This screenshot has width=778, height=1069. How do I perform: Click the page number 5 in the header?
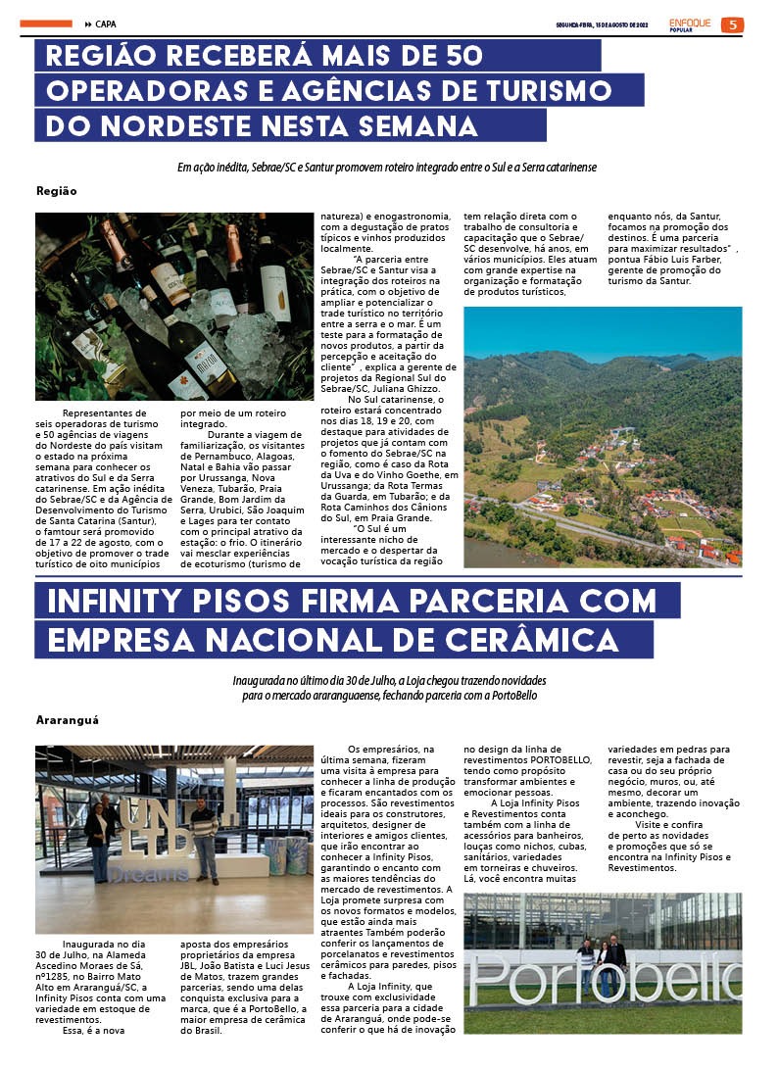pos(732,24)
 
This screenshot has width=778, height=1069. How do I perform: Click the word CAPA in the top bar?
pos(107,24)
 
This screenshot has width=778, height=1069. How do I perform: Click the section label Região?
pos(56,191)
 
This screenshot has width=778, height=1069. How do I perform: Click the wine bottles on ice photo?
pos(174,306)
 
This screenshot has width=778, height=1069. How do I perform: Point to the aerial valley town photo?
pos(602,436)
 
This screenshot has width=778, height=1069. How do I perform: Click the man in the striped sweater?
pos(205,837)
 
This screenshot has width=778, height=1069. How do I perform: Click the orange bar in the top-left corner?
pos(46,24)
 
